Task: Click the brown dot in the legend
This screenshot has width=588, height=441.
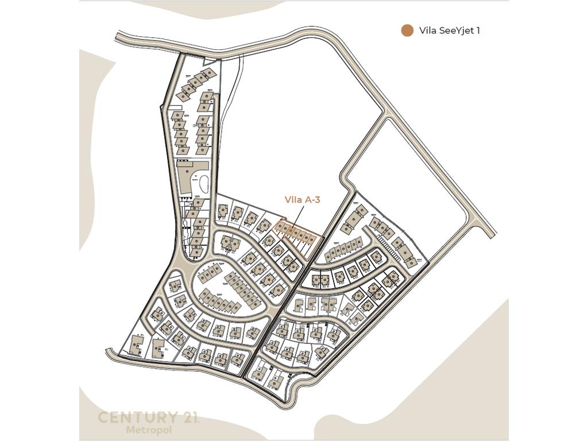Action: pyautogui.click(x=407, y=31)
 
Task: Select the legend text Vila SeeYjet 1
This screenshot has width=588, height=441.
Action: pyautogui.click(x=450, y=31)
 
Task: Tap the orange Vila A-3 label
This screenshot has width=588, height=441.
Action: pyautogui.click(x=302, y=200)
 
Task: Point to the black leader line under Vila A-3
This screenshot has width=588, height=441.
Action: pyautogui.click(x=297, y=216)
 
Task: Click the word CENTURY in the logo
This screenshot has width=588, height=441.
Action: pyautogui.click(x=137, y=418)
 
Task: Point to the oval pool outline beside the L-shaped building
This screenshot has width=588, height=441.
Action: pyautogui.click(x=203, y=184)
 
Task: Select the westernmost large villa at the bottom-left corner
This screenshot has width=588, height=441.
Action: pyautogui.click(x=137, y=345)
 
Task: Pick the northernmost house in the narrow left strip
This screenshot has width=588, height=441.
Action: pyautogui.click(x=210, y=73)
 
